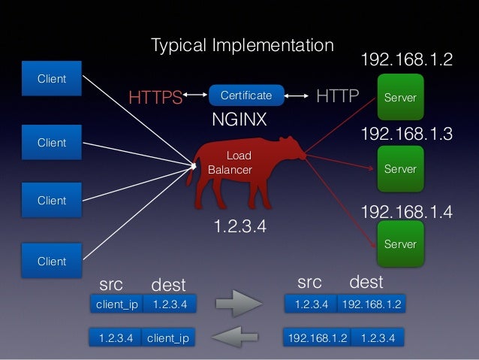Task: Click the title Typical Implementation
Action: (242, 45)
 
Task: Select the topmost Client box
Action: (52, 79)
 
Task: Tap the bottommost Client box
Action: (52, 262)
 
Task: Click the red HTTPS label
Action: (155, 97)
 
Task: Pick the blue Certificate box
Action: (246, 95)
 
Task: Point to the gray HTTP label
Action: (338, 96)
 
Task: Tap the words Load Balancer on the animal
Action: (232, 163)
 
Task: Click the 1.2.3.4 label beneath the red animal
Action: (240, 225)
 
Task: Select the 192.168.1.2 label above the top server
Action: (407, 60)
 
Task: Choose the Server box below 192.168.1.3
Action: (400, 169)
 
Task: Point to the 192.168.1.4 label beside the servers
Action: (407, 212)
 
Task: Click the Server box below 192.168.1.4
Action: (400, 244)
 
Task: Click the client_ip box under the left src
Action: (116, 304)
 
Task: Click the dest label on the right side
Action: (366, 283)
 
